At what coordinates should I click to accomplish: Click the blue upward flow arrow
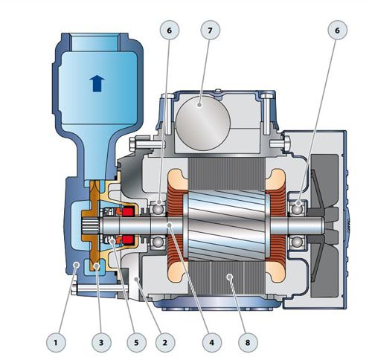pyautogui.click(x=97, y=83)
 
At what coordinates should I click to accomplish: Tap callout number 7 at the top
pyautogui.click(x=210, y=30)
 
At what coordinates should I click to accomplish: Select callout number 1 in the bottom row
pyautogui.click(x=56, y=342)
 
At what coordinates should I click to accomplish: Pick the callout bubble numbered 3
pyautogui.click(x=101, y=342)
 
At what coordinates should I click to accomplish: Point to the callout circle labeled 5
pyautogui.click(x=136, y=342)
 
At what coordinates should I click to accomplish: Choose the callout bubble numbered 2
pyautogui.click(x=165, y=342)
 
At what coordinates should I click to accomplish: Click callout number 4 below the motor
pyautogui.click(x=211, y=342)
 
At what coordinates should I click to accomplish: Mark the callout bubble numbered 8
pyautogui.click(x=248, y=342)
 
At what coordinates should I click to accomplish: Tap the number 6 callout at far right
pyautogui.click(x=337, y=30)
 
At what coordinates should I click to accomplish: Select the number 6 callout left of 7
pyautogui.click(x=170, y=30)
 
